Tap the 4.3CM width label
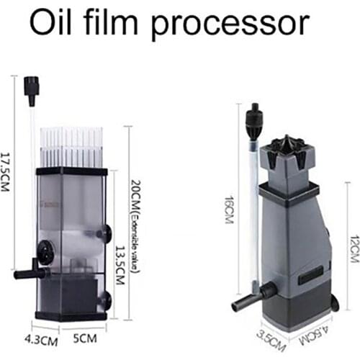pyautogui.click(x=42, y=336)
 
